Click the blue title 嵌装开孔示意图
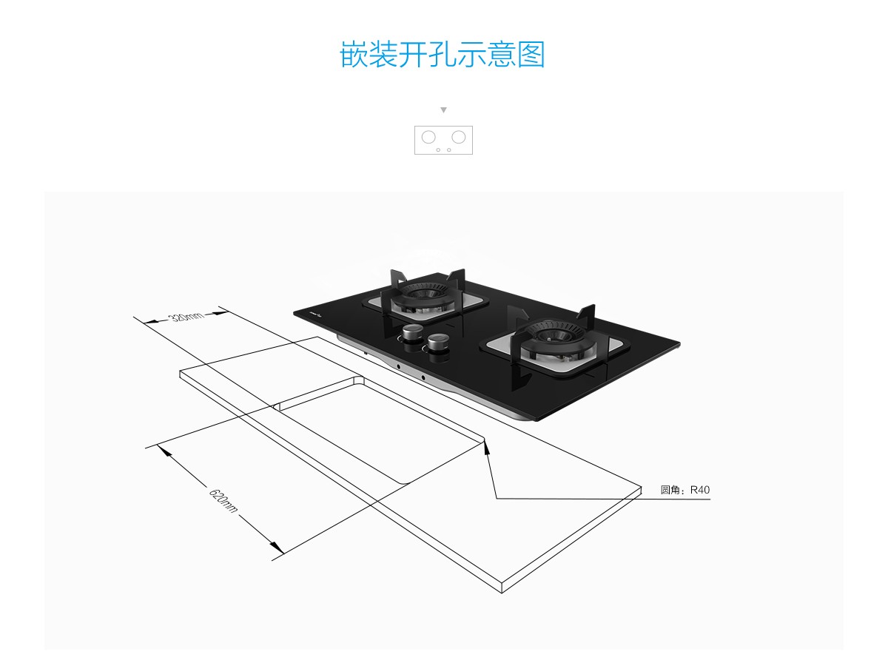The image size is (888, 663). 443,55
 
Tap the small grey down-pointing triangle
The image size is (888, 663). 443,110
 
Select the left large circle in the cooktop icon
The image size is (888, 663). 428,137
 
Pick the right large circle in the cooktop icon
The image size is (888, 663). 459,137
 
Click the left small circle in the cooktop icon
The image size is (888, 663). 438,149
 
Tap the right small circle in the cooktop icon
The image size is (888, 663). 448,149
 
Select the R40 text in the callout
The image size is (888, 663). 700,490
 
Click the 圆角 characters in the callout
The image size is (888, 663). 673,490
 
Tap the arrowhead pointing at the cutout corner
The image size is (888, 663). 486,444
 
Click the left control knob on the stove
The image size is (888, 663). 413,332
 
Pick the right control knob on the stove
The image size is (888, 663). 437,343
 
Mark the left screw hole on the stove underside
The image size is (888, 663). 398,367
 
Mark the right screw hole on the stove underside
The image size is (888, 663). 424,379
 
